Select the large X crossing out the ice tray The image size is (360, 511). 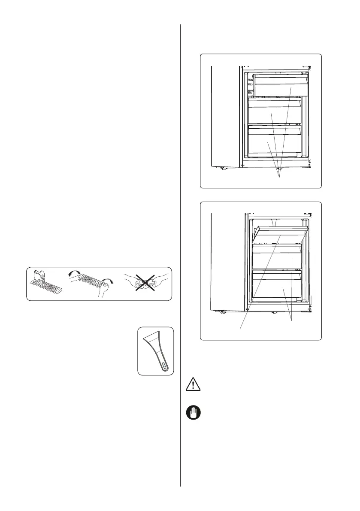click(145, 284)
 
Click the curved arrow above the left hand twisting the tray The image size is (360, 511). click(76, 273)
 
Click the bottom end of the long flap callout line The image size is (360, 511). click(239, 329)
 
